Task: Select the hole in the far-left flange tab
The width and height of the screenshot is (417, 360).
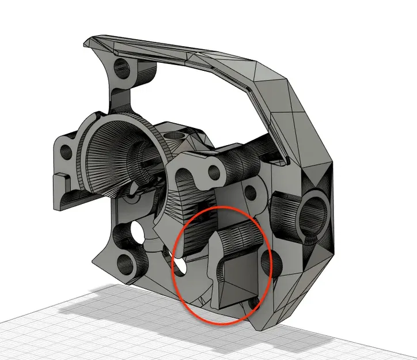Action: coord(66,155)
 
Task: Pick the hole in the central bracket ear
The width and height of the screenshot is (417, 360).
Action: coord(216,171)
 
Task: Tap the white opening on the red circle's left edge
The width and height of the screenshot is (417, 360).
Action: coord(181,266)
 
